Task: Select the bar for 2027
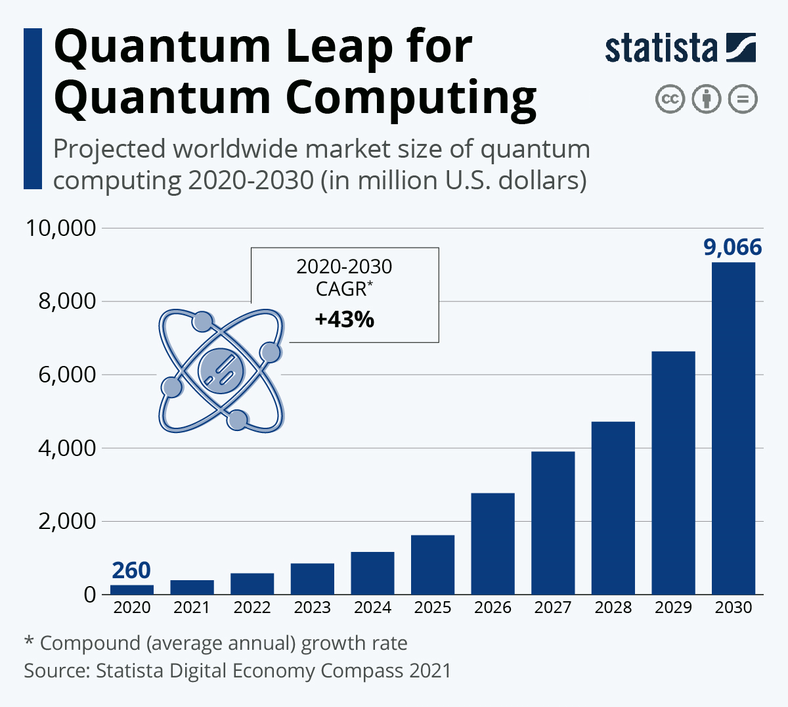(x=553, y=523)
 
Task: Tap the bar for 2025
(x=433, y=565)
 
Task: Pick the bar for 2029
(x=673, y=473)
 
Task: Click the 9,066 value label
(x=732, y=247)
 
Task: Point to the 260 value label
(x=131, y=570)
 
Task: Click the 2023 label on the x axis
(x=313, y=608)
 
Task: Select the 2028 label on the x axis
(x=613, y=608)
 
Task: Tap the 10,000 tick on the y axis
(x=60, y=228)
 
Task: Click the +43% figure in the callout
(x=345, y=319)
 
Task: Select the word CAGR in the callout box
(x=341, y=288)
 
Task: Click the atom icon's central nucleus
(x=221, y=371)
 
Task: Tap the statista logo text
(x=661, y=49)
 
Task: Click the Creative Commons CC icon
(x=670, y=100)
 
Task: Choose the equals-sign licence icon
(x=743, y=100)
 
